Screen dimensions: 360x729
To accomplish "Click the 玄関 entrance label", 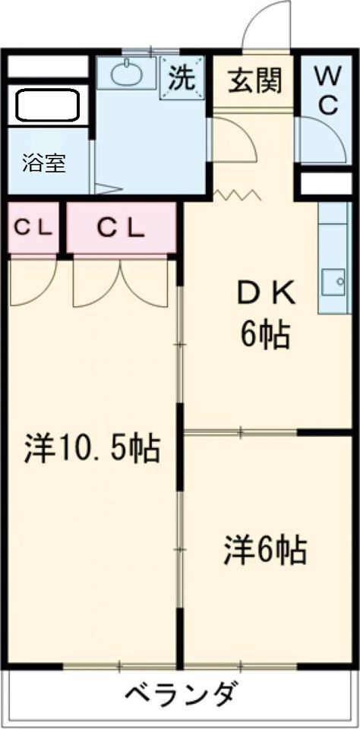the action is [x=255, y=82].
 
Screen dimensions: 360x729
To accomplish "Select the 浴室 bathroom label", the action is [x=44, y=164].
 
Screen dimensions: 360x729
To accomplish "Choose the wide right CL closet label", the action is [x=121, y=228].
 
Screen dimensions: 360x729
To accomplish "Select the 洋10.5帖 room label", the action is [x=92, y=448].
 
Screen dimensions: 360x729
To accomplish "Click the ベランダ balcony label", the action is [x=179, y=696].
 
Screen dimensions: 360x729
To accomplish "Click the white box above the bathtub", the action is [x=49, y=67].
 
